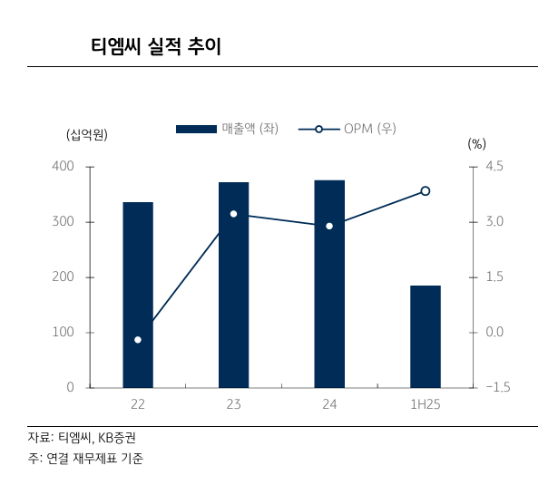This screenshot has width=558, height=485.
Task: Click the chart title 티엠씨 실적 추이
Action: [156, 46]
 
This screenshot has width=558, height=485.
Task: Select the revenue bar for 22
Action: [138, 295]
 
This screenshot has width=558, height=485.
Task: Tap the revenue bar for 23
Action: [233, 285]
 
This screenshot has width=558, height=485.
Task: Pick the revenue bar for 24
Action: [329, 284]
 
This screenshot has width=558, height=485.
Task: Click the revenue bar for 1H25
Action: [425, 336]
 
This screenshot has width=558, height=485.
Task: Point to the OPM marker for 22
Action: [138, 340]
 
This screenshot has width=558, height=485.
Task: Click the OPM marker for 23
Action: [233, 214]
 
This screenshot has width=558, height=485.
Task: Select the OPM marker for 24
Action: [329, 226]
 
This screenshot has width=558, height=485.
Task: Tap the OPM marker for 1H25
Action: [425, 191]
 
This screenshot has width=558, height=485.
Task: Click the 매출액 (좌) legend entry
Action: [226, 129]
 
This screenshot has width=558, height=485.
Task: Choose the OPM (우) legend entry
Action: [349, 129]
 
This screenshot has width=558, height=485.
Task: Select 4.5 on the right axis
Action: [494, 167]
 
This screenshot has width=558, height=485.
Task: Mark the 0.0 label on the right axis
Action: [494, 333]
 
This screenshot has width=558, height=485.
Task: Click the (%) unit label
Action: [477, 143]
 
